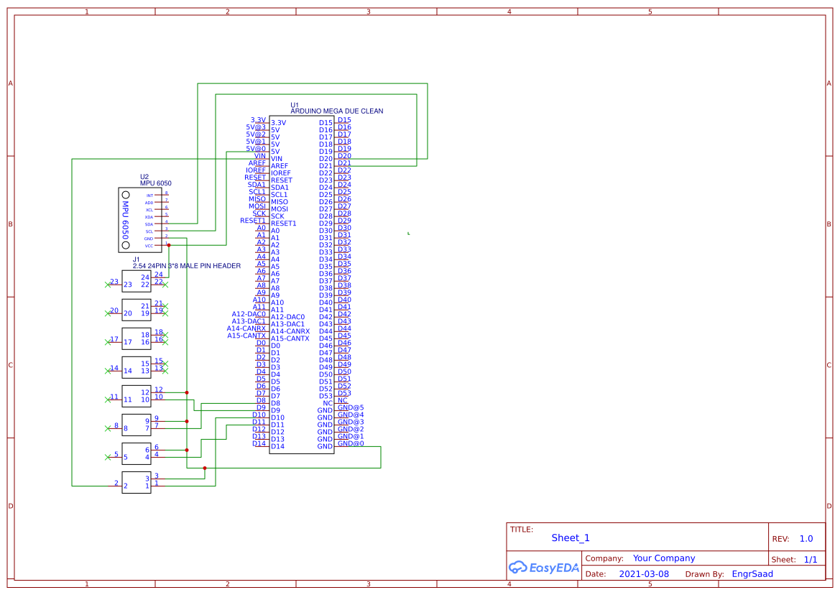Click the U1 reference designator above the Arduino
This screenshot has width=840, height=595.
(295, 104)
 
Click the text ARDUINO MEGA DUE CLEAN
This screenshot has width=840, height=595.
(336, 111)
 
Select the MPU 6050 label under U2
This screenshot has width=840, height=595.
(156, 183)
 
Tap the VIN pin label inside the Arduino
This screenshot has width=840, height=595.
(277, 159)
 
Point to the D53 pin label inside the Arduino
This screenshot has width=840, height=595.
(326, 396)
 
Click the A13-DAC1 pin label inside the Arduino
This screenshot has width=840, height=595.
(287, 324)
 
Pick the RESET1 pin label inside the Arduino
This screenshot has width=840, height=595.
(283, 223)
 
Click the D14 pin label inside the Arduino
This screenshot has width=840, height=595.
(277, 446)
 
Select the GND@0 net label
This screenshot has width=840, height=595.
(351, 443)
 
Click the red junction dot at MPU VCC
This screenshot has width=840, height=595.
(169, 245)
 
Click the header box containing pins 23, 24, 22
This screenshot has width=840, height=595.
(137, 281)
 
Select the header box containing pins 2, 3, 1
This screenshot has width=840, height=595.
(137, 482)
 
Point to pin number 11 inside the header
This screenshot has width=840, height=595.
(127, 400)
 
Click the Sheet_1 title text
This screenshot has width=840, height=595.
(571, 538)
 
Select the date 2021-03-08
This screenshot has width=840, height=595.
(644, 574)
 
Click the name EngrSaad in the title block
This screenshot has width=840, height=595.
(752, 574)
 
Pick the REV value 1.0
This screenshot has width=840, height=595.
(806, 538)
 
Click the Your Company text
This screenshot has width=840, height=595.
(664, 558)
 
